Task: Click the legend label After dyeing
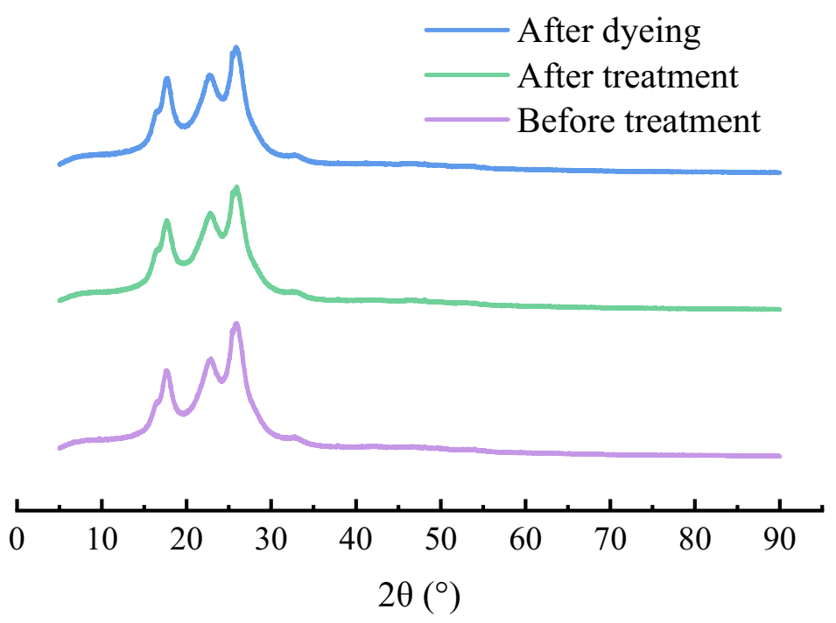pos(609,32)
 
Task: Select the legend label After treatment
pos(628,76)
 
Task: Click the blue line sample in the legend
pos(467,31)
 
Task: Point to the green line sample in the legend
pos(467,75)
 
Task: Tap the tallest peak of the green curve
pos(236,187)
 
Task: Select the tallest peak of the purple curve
pos(236,324)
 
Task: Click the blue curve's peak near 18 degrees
pos(166,79)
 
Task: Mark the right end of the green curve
pos(779,309)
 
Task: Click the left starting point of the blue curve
pos(60,164)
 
